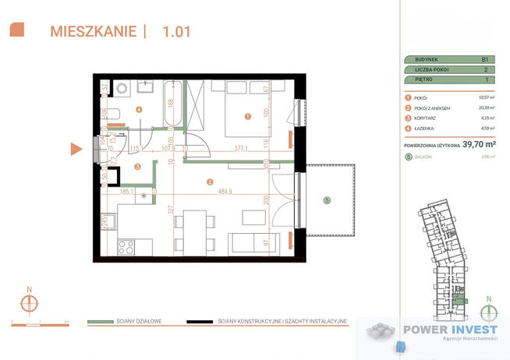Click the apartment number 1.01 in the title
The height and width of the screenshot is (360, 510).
(175, 32)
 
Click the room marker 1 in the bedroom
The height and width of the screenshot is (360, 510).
(248, 117)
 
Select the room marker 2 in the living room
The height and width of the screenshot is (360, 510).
(209, 182)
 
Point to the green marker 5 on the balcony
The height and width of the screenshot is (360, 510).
(327, 200)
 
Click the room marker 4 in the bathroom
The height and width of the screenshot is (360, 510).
(139, 110)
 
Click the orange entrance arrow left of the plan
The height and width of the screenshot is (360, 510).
(76, 149)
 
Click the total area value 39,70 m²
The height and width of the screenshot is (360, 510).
(479, 143)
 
